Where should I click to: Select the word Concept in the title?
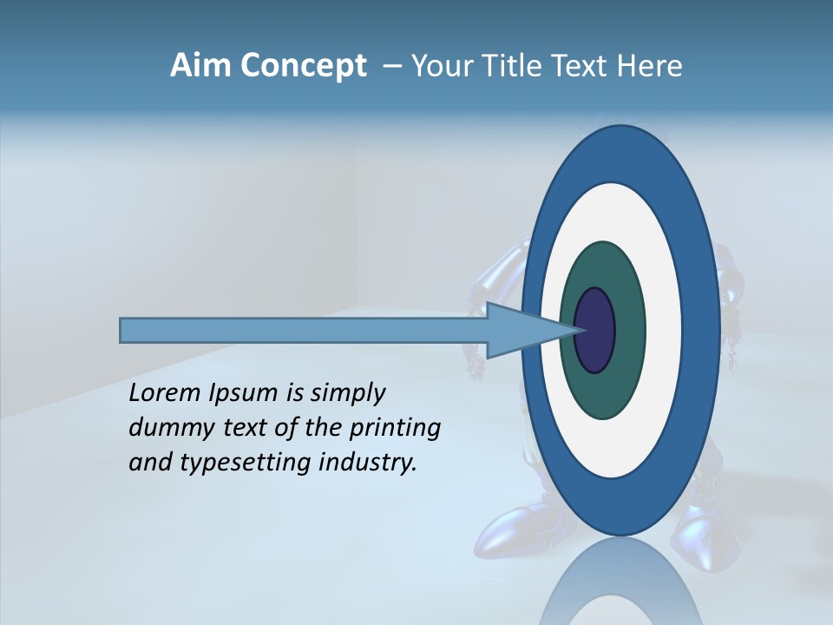coord(303,67)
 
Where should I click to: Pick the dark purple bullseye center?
coord(595,330)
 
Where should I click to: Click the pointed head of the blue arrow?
coord(529,330)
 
